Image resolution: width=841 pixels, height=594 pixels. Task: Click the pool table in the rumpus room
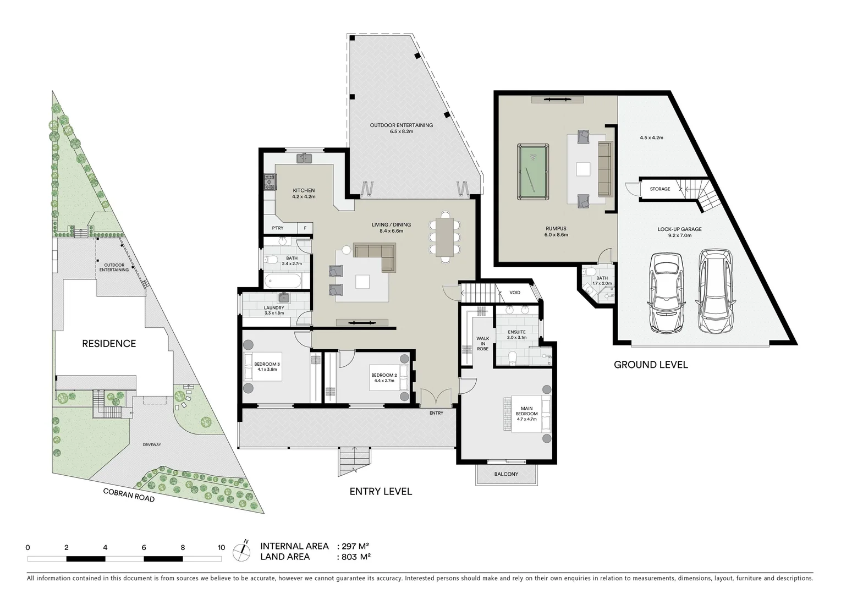(533, 172)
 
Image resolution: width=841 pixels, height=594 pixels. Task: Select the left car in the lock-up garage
(666, 293)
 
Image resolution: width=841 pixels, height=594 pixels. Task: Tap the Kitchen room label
(304, 191)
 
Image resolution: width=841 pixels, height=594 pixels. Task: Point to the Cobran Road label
(129, 495)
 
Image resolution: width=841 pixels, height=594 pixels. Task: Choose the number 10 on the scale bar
(221, 548)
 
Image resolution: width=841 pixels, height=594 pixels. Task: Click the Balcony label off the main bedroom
(506, 474)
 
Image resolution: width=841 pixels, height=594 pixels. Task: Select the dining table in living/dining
(444, 237)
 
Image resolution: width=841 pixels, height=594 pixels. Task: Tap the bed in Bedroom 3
(262, 367)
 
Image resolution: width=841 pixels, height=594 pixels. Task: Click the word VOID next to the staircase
(515, 293)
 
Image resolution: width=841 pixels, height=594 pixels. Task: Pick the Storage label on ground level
(660, 189)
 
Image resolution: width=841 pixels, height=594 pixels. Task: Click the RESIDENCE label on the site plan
(109, 344)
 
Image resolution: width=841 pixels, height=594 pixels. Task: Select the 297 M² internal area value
(355, 546)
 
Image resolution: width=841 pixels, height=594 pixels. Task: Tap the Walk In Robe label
(482, 344)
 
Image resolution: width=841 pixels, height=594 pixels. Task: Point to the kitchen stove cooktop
(270, 182)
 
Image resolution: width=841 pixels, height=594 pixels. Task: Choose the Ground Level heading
(651, 365)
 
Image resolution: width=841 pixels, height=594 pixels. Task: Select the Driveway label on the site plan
(151, 444)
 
